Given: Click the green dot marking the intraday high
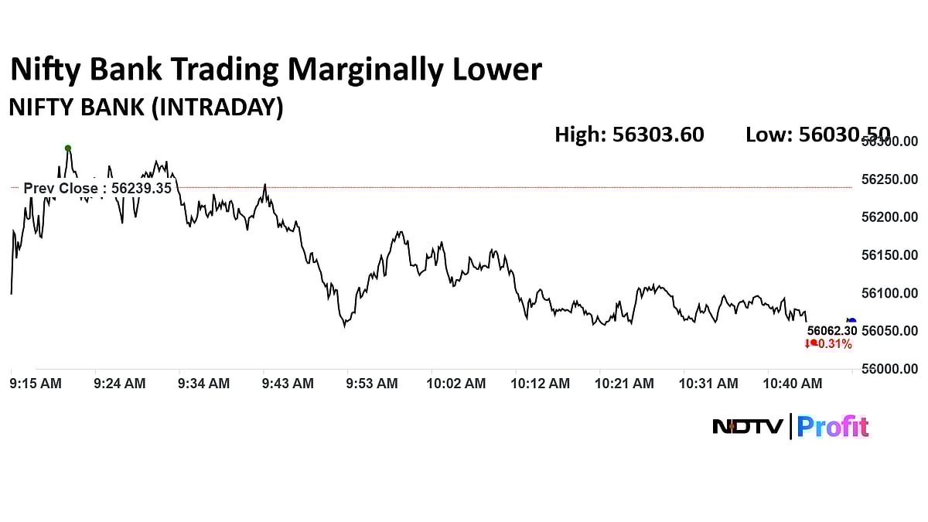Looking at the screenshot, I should click(68, 148).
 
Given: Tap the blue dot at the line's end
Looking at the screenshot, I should click(851, 320).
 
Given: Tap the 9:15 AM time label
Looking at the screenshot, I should click(36, 384).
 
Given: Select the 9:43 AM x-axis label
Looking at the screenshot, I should click(288, 384).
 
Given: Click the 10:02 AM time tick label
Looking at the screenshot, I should click(456, 384).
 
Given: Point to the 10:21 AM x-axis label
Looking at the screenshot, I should click(624, 384).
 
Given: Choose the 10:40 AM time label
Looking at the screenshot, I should click(793, 384).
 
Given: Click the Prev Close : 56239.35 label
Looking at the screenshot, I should click(97, 188).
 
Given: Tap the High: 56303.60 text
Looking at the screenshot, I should click(629, 135).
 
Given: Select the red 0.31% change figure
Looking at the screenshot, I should click(833, 344).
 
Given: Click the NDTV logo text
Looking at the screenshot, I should click(747, 426).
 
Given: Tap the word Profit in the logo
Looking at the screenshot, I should click(833, 426).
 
